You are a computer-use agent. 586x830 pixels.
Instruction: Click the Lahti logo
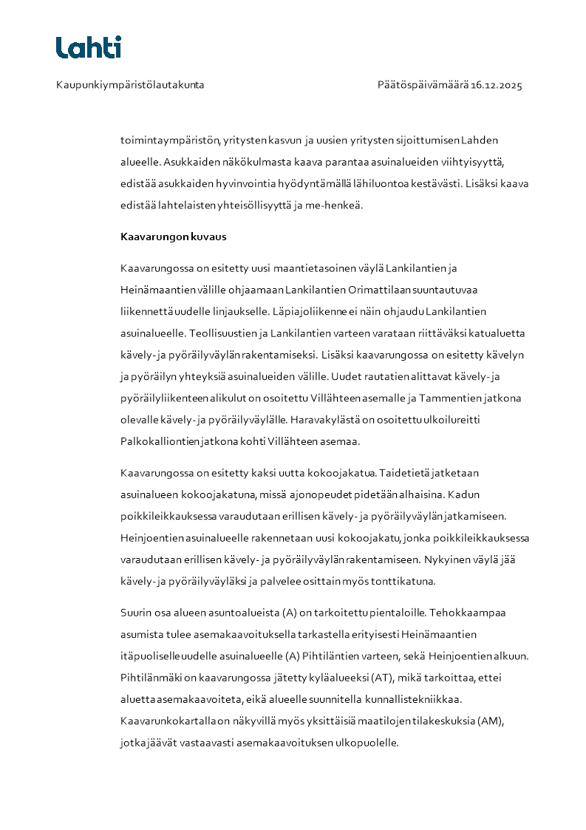point(88,47)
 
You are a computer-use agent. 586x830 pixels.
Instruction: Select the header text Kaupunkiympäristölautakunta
point(130,85)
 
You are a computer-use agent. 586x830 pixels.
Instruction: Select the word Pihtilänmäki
point(151,677)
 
